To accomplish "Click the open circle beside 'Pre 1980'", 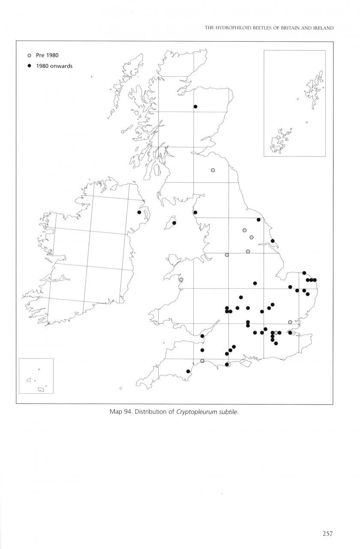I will pos(29,56).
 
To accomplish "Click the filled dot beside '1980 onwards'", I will pos(29,66).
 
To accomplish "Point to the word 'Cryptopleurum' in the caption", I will pos(198,413).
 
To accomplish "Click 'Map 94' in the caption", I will pos(121,413).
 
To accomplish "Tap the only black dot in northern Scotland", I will pos(195,106).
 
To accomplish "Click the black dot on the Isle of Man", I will pos(174,223).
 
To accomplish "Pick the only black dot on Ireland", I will pos(139,212).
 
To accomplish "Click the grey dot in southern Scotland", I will pos(213,170).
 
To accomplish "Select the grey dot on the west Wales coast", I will pos(181,280).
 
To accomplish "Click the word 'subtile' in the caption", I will pos(234,413).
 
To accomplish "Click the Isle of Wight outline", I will pos(245,363).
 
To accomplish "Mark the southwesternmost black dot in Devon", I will pos(188,371).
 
